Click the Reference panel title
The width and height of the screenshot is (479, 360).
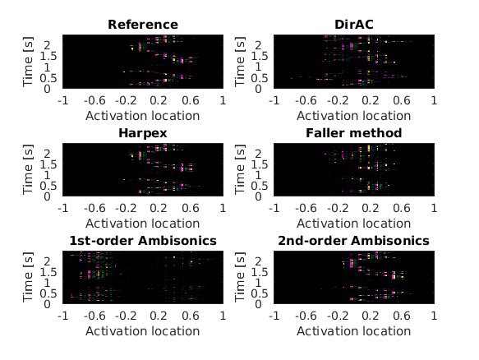point(143,25)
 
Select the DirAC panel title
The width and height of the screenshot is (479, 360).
point(354,25)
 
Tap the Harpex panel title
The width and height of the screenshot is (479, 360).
point(143,133)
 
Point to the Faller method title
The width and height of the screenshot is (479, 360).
point(354,133)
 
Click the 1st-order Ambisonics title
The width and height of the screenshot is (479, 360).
point(143,241)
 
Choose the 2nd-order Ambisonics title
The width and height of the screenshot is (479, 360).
point(354,241)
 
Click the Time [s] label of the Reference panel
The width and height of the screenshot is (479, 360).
point(27,62)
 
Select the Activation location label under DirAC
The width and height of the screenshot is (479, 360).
point(354,116)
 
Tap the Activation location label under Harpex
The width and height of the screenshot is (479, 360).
point(143,224)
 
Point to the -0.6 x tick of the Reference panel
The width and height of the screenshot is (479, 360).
point(94,100)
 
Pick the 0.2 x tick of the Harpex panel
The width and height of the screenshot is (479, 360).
point(159,208)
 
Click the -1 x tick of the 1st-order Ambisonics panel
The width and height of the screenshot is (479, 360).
point(63,316)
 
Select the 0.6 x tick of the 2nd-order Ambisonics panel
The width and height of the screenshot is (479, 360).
point(402,316)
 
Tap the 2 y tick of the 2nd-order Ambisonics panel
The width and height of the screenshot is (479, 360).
point(259,261)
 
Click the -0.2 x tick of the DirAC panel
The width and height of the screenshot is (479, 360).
point(338,100)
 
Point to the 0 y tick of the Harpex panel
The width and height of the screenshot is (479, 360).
point(47,196)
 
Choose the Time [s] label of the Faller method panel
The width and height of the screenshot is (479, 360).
point(239,169)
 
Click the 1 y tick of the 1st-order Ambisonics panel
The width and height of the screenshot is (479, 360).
point(47,283)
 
